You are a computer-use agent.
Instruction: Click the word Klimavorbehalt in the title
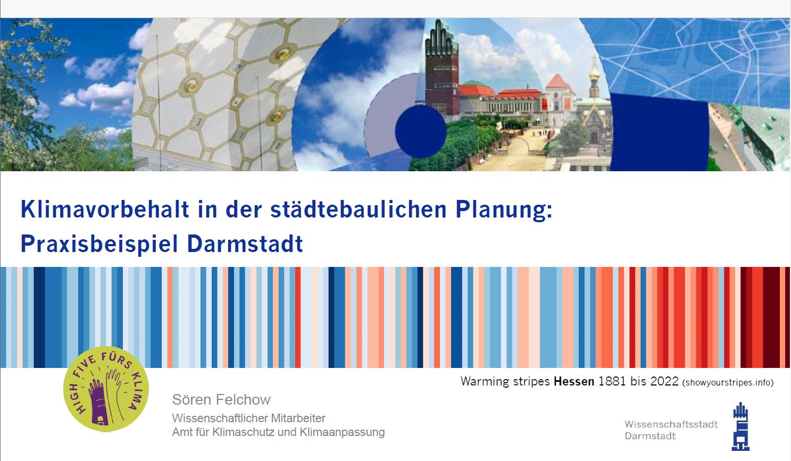(105, 209)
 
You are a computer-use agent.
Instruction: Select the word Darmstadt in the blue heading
(245, 244)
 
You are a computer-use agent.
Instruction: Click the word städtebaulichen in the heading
(359, 209)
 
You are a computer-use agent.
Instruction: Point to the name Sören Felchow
(221, 399)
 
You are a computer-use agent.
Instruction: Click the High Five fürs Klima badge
(106, 389)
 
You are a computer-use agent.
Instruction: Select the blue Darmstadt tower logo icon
(740, 426)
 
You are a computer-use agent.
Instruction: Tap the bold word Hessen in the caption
(574, 382)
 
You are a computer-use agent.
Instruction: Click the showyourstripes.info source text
(728, 383)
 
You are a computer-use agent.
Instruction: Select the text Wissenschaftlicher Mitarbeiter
(248, 418)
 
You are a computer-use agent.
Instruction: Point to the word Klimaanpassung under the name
(342, 432)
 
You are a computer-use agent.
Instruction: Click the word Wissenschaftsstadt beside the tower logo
(671, 424)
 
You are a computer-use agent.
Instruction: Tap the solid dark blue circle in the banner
(420, 131)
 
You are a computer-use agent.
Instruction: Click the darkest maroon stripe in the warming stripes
(771, 317)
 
